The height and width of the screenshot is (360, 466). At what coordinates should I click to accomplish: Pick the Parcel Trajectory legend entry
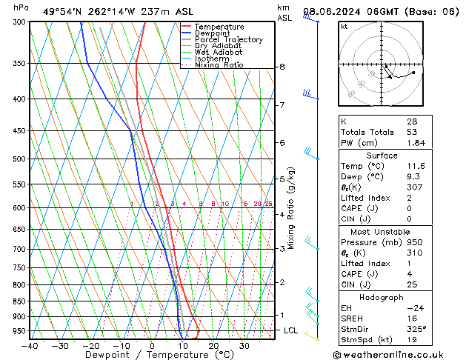coord(228,40)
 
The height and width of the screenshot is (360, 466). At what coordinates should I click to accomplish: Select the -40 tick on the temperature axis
coord(30,345)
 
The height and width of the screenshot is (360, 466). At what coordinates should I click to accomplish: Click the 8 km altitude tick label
coord(282,67)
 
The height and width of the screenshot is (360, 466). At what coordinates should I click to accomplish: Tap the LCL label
coord(290,330)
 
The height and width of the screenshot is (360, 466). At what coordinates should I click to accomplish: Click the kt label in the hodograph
coord(344,27)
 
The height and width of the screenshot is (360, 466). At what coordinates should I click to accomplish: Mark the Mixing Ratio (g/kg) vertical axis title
coord(291,208)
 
